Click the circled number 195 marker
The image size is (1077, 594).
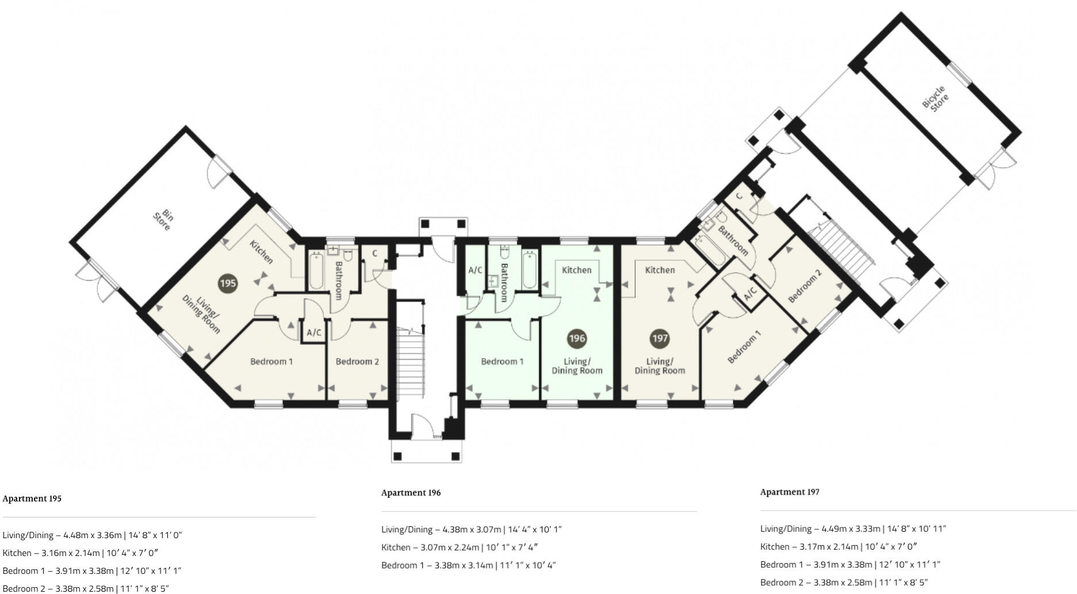[x=228, y=283]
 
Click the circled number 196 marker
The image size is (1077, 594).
[x=576, y=338]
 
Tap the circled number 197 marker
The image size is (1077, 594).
[x=659, y=338]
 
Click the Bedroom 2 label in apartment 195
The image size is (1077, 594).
[x=357, y=361]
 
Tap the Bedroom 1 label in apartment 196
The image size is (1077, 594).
[x=502, y=361]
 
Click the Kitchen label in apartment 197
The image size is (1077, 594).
[x=659, y=270]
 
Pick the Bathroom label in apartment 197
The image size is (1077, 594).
[x=733, y=241]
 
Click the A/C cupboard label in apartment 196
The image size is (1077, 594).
[x=475, y=270]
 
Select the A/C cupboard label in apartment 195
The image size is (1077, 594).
[x=314, y=333]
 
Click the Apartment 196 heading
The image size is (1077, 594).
[x=411, y=493]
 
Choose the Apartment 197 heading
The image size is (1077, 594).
[x=789, y=492]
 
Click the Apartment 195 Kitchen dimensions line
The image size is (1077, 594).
[x=81, y=553]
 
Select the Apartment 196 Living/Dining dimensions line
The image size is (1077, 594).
[x=471, y=530]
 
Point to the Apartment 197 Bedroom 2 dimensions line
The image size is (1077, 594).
[x=844, y=582]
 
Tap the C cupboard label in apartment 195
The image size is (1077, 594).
[x=375, y=253]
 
